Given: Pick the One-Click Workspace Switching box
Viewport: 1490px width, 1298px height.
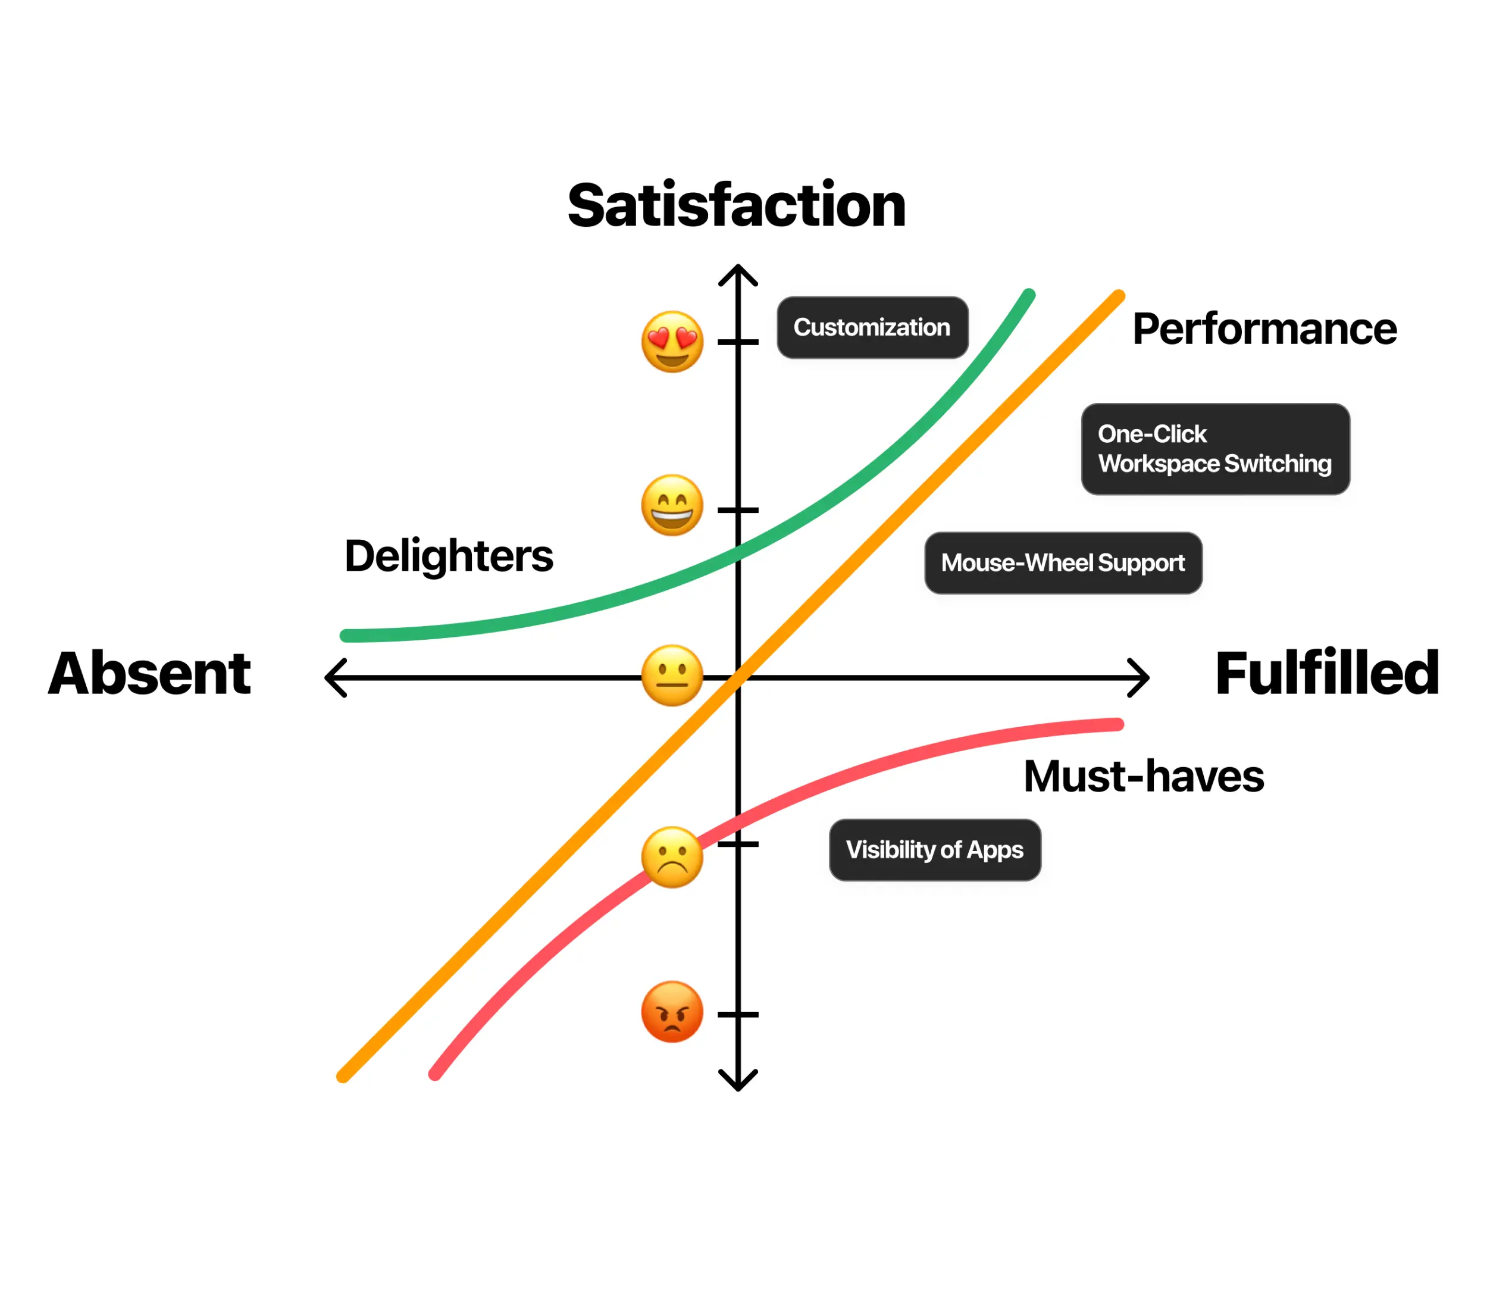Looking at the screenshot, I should [1214, 449].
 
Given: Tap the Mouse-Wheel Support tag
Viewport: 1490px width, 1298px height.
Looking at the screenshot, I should [1063, 563].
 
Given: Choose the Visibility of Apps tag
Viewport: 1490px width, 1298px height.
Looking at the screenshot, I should [934, 850].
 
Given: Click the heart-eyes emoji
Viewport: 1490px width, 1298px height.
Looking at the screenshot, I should [671, 342].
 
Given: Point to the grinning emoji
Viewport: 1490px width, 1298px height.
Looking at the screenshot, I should [671, 506].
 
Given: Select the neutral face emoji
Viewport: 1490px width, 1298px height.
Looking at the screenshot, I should [671, 675].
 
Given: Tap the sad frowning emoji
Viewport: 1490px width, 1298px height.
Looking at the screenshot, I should [671, 857].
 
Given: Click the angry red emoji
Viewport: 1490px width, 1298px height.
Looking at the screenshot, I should [671, 1012].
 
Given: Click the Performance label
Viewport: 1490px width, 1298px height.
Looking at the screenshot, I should [1264, 329].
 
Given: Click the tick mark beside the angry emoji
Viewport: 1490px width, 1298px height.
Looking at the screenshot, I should [737, 1014].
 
